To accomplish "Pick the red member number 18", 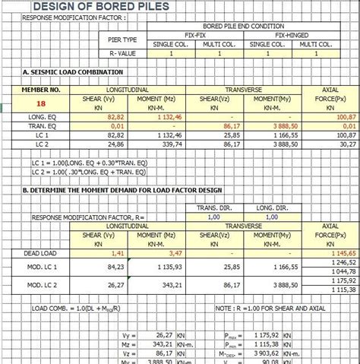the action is (x=40, y=103).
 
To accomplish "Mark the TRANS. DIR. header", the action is (x=215, y=207).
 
